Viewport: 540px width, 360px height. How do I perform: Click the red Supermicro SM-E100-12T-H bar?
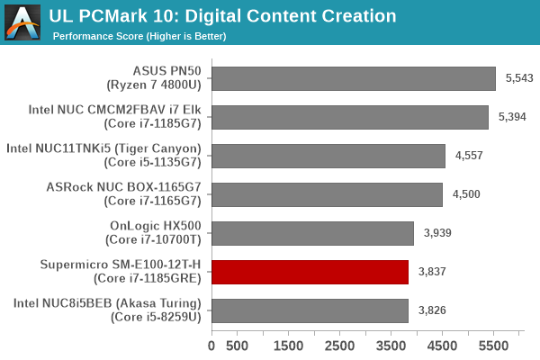310,272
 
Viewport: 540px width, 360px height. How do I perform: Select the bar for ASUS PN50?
354,78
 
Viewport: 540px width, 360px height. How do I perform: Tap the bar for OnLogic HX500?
312,233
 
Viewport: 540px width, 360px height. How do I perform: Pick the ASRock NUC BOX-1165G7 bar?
327,194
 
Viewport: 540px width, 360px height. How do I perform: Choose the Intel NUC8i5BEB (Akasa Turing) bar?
310,310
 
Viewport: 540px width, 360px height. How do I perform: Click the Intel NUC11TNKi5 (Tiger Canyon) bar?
328,156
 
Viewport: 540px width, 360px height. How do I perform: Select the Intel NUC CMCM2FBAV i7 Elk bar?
350,117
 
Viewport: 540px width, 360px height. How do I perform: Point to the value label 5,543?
519,78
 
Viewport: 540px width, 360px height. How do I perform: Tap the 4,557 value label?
469,156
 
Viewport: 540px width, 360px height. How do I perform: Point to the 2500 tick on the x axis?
340,346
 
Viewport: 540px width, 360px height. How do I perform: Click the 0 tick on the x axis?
212,346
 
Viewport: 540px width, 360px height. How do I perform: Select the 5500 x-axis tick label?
494,346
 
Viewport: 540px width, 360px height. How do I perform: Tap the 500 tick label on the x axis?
238,346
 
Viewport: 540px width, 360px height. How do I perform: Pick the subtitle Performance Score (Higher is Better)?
139,36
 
